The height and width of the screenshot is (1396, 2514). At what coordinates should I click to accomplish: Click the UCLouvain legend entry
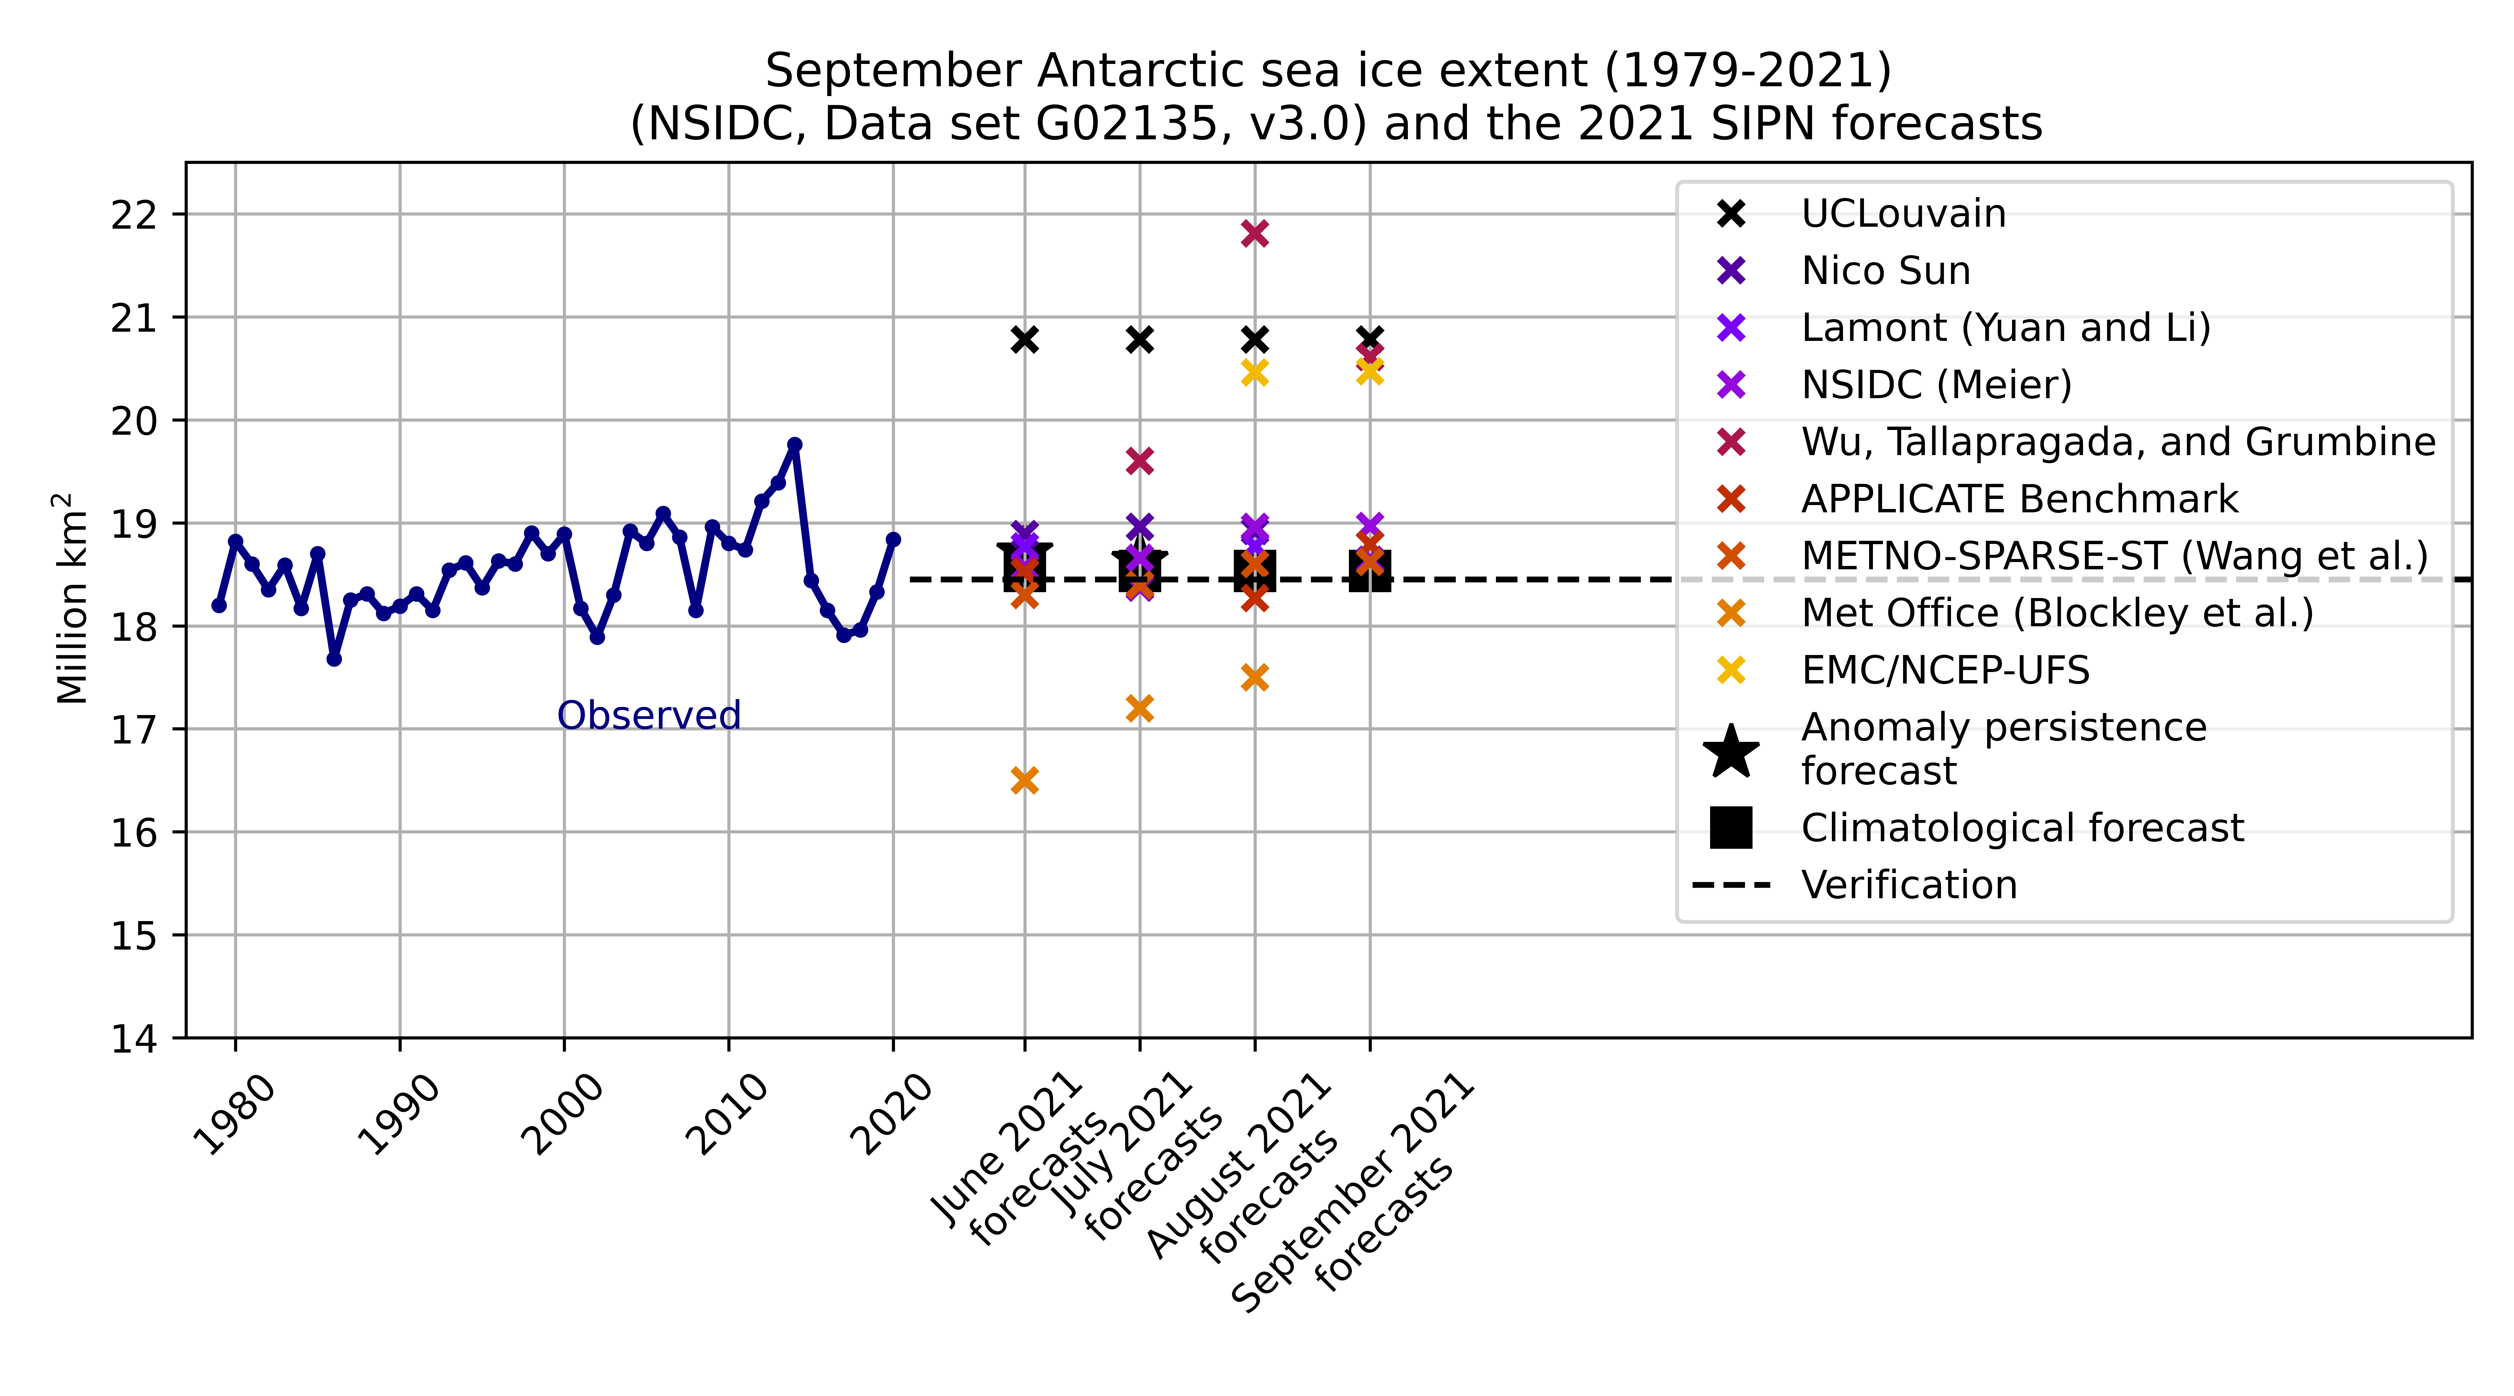[1903, 214]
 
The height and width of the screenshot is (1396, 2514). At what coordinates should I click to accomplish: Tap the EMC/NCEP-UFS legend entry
[1945, 670]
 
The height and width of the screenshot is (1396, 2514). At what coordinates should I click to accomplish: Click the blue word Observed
[649, 715]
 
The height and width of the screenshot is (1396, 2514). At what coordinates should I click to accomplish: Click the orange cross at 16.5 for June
[1024, 780]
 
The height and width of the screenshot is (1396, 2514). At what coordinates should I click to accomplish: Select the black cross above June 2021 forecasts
[1024, 340]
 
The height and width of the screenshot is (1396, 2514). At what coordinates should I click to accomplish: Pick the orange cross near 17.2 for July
[1139, 708]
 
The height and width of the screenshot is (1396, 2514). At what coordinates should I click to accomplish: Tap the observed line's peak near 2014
[794, 445]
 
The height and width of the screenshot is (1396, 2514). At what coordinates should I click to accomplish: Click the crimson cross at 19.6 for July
[1139, 460]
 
